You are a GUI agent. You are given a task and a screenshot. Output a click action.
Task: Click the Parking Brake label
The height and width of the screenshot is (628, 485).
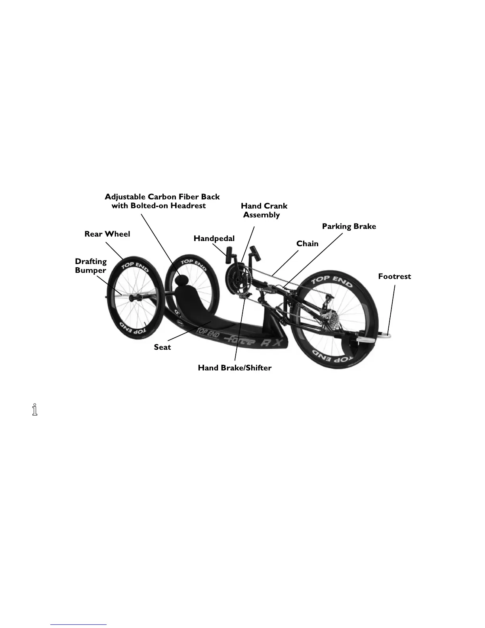[349, 226]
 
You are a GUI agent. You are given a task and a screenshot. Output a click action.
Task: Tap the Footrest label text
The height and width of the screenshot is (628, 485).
[394, 276]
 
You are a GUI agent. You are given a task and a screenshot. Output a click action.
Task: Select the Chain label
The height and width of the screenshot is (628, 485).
[307, 243]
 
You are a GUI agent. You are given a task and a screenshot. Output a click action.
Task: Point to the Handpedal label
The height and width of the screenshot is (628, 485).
[214, 238]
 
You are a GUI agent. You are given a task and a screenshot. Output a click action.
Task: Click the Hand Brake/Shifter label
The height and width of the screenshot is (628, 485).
[235, 368]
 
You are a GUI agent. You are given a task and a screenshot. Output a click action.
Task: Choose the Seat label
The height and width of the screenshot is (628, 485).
[162, 347]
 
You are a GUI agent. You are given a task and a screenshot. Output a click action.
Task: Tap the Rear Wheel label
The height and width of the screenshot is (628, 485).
[107, 234]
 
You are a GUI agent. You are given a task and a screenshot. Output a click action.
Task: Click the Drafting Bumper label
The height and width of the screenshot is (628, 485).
[91, 266]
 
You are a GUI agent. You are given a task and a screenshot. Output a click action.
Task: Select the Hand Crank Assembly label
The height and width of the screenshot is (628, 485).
[264, 210]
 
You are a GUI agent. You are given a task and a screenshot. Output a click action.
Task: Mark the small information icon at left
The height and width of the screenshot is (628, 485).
[35, 410]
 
